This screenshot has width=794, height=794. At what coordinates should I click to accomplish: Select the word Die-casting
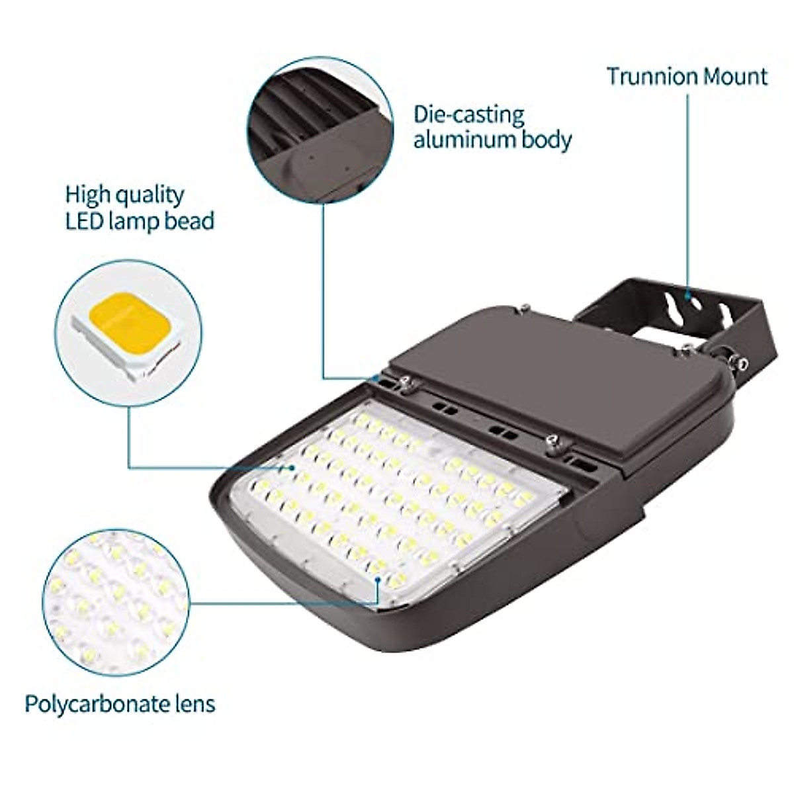click(x=468, y=115)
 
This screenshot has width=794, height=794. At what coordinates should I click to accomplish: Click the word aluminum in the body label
click(x=463, y=140)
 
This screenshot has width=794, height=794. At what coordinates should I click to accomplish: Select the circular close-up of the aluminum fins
click(x=320, y=130)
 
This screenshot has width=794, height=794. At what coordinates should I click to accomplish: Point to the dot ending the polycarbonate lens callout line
click(x=377, y=580)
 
